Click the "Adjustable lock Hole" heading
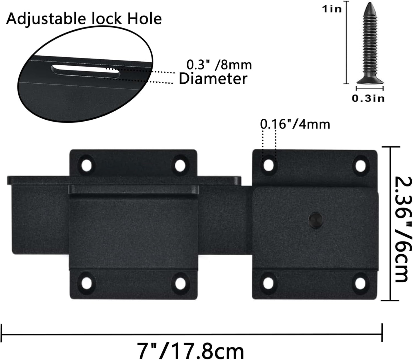tap(84, 19)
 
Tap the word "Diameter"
tap(213, 79)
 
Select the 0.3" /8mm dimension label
tap(219, 65)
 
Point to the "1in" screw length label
tap(332, 9)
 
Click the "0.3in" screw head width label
tap(368, 98)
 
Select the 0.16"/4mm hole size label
tap(295, 124)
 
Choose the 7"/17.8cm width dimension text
tap(191, 351)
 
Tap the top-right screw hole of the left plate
tap(180, 165)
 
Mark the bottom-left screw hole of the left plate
tap(87, 283)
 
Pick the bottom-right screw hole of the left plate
tap(180, 283)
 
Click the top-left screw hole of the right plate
tap(269, 165)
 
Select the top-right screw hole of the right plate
tap(361, 165)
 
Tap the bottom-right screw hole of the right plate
tap(361, 283)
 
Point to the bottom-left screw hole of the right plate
tap(269, 283)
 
